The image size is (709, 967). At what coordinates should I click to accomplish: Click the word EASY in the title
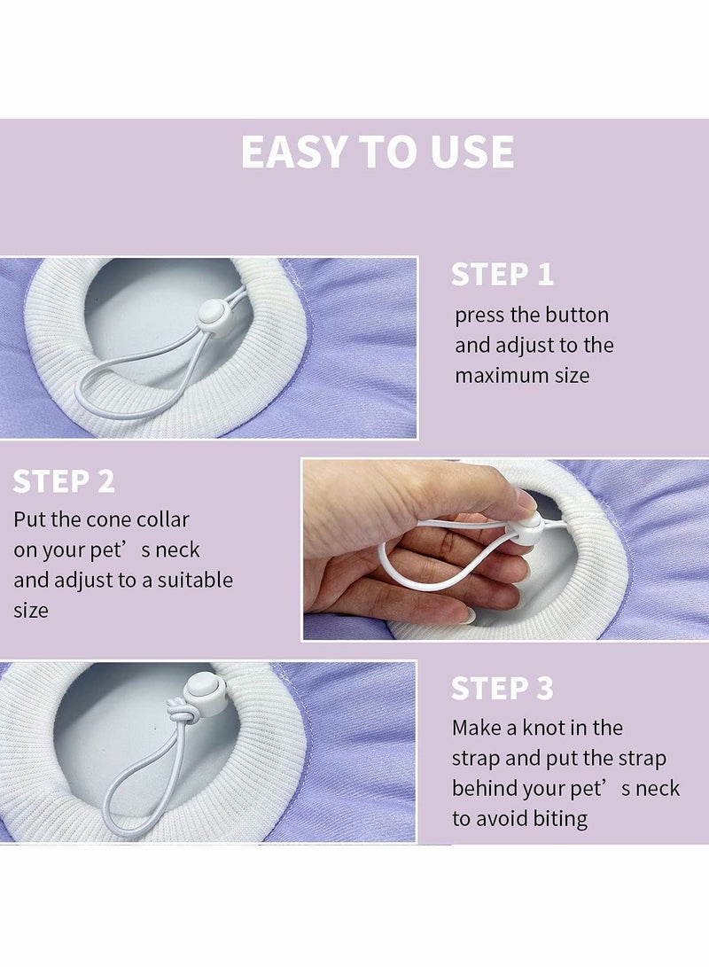[x=293, y=152]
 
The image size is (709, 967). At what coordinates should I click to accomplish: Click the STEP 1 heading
[x=502, y=275]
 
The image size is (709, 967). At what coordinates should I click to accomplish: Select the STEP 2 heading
[x=64, y=481]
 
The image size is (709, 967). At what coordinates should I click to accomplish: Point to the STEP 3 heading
[x=502, y=689]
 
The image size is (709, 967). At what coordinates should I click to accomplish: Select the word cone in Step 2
[x=108, y=520]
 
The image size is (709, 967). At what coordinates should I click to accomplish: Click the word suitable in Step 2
[x=195, y=581]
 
